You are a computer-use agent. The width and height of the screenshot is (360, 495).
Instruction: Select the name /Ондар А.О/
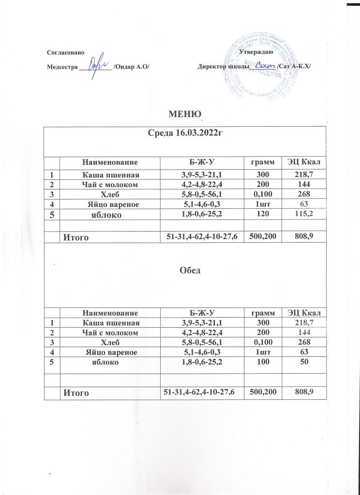pyautogui.click(x=131, y=67)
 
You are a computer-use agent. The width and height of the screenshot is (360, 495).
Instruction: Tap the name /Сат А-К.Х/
pyautogui.click(x=294, y=66)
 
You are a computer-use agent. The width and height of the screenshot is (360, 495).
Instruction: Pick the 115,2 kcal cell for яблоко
pyautogui.click(x=303, y=214)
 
